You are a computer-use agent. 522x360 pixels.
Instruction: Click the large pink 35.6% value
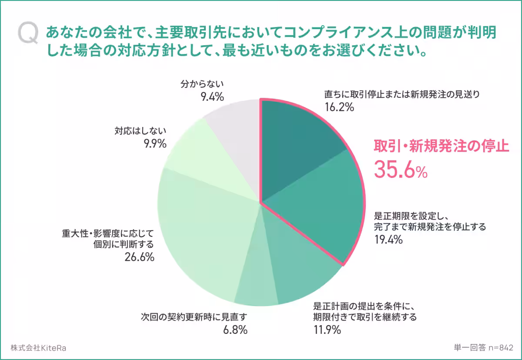pyautogui.click(x=401, y=170)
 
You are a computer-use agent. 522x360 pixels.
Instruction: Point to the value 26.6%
pyautogui.click(x=139, y=257)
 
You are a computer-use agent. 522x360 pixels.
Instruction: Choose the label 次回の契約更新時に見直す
pyautogui.click(x=194, y=317)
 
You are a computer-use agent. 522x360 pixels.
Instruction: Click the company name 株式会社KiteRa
pyautogui.click(x=39, y=348)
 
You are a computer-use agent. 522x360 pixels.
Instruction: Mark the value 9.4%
pyautogui.click(x=212, y=97)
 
